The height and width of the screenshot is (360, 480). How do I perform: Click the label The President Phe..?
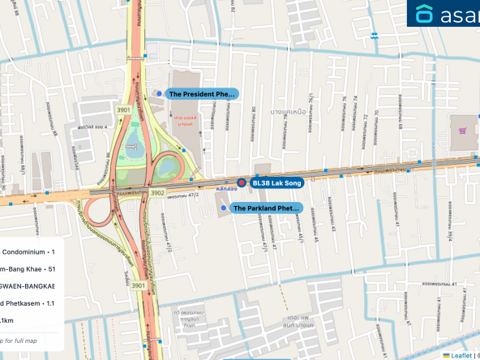coord(202,94)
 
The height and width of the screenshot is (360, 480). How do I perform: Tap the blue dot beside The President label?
coord(159,93)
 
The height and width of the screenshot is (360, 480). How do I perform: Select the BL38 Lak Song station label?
coord(276,182)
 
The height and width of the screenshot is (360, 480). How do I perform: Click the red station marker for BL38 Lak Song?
coord(241,182)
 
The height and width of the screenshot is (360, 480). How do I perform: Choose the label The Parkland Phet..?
coord(266,208)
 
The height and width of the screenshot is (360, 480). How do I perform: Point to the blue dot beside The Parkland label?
coord(224,208)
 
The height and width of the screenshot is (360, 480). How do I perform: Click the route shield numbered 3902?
coord(157,193)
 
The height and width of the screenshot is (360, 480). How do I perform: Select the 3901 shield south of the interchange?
coord(139,285)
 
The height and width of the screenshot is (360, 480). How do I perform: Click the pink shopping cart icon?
coord(463,130)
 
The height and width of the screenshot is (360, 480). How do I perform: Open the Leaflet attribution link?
coord(462,354)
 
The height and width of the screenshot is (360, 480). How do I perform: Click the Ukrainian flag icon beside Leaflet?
coord(446,354)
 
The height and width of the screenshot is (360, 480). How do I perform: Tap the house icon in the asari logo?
coord(424,14)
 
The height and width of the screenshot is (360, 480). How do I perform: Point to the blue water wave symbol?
coord(375,35)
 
